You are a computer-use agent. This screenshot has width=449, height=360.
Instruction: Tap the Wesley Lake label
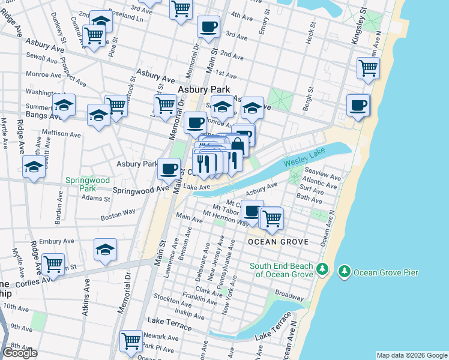point(295,162)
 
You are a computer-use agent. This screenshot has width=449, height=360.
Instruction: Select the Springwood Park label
point(87,184)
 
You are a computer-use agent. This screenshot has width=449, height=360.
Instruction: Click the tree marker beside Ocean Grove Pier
point(345,272)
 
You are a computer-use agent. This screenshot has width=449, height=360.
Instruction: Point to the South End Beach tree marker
point(322,269)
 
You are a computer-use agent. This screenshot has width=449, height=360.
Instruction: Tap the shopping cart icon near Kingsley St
point(368,67)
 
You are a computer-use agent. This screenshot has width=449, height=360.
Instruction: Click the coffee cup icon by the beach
point(358,105)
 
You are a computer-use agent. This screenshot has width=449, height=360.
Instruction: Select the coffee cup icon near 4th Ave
point(208,26)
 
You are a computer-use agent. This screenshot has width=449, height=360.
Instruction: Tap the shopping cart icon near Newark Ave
point(131,341)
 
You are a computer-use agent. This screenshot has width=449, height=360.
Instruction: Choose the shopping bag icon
point(238,145)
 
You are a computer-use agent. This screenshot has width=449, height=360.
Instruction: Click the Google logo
point(20,353)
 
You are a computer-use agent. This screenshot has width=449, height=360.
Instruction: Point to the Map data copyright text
point(411,355)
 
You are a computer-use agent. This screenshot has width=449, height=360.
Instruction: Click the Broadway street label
point(289,296)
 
